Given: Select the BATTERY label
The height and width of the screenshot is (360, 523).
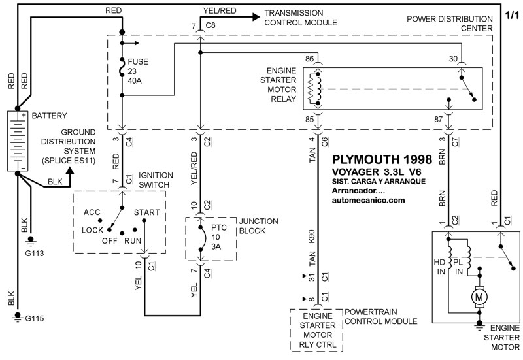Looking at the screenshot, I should click(49, 116).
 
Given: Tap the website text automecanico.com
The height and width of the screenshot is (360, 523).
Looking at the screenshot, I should click(369, 201).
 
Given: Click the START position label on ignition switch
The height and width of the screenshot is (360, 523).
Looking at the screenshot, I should click(147, 212).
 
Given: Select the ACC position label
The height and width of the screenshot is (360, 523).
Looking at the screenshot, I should click(92, 212).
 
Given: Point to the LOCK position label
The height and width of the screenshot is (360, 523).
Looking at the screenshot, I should click(93, 231).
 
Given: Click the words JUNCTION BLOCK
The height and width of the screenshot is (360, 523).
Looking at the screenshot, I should click(259, 225).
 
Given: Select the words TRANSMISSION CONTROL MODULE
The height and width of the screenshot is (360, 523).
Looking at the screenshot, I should click(301, 18).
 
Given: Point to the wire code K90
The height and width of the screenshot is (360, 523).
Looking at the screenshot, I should click(312, 237).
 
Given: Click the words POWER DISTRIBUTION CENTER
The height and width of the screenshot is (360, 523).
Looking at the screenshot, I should click(452, 24).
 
